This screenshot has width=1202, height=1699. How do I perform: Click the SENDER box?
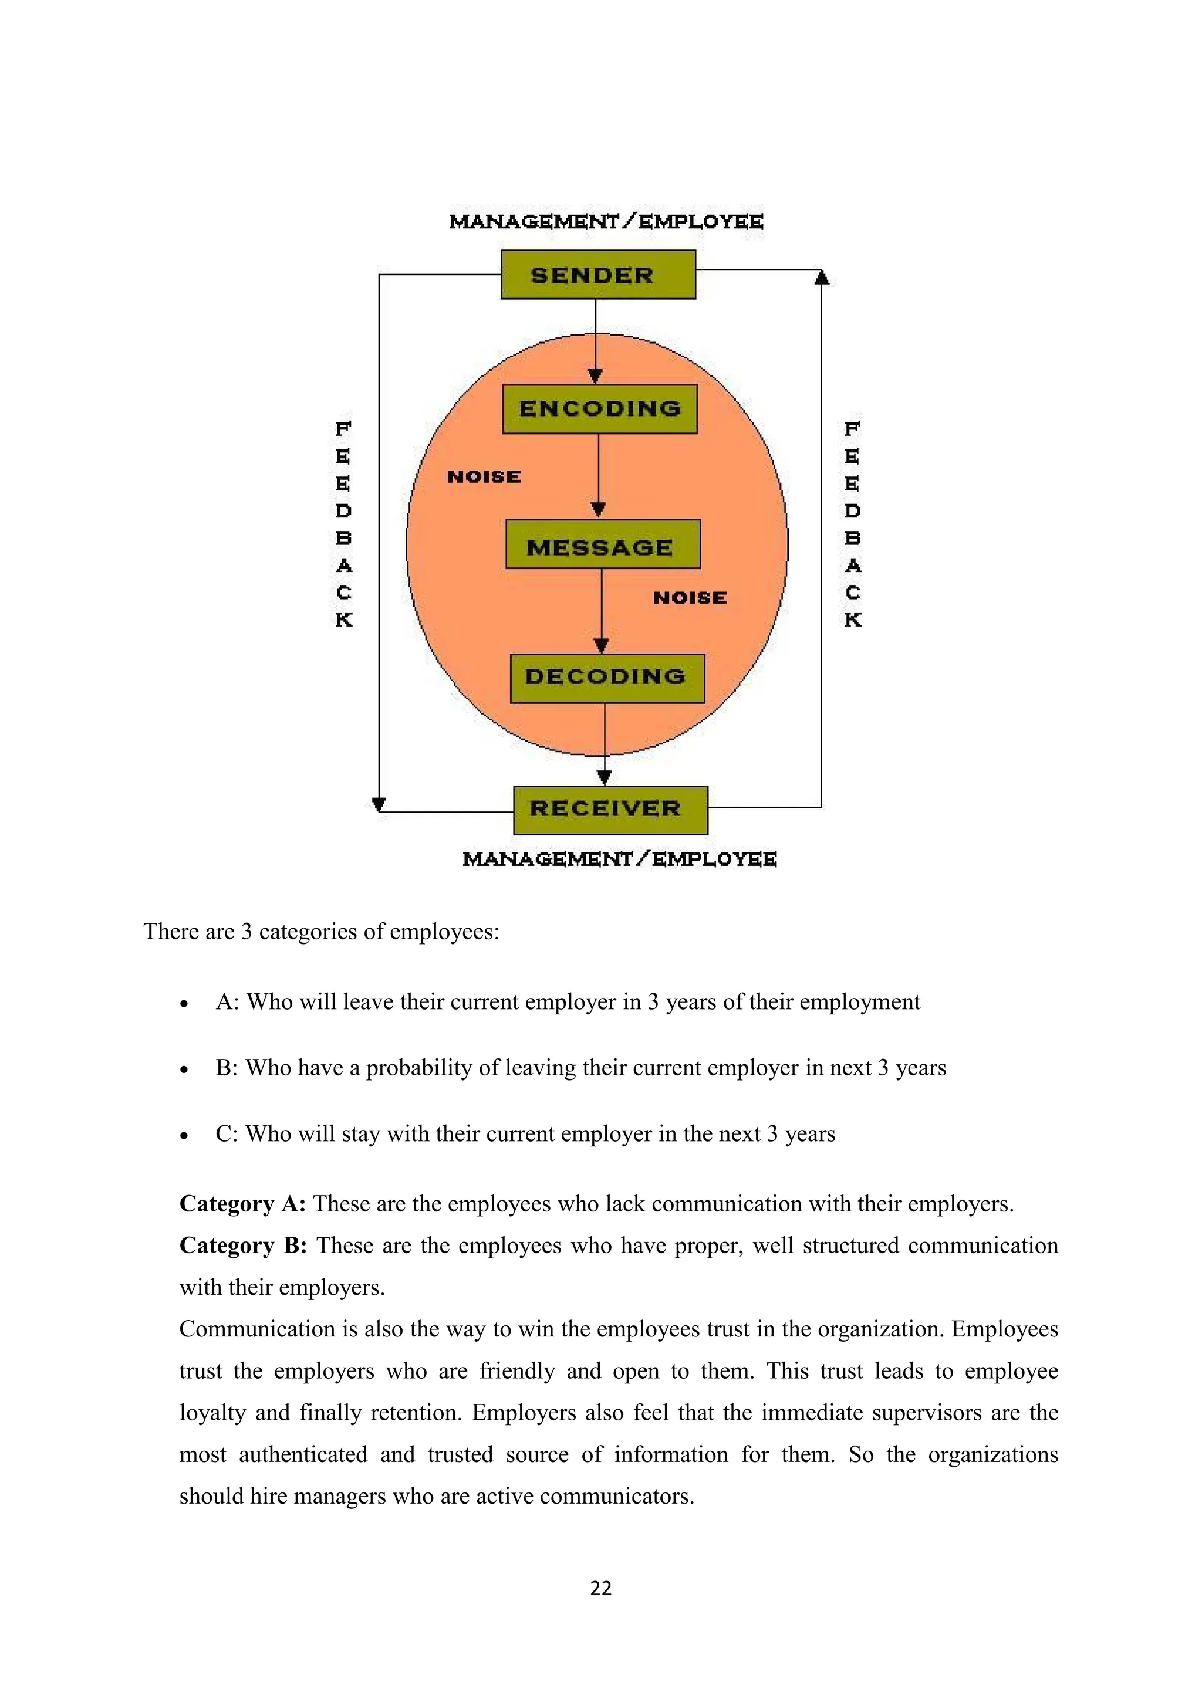tap(598, 275)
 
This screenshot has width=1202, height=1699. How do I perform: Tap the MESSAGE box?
tap(603, 544)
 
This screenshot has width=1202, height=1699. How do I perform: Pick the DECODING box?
tap(607, 678)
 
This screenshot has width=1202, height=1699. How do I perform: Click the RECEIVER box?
tap(610, 810)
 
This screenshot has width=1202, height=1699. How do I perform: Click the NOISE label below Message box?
tap(690, 598)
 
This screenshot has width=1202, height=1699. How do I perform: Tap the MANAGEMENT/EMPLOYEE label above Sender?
tap(606, 221)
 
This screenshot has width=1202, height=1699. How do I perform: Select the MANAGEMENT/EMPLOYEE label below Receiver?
tap(620, 859)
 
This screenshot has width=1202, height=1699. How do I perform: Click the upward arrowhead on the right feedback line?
tap(821, 278)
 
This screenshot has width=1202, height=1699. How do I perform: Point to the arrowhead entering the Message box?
tap(599, 509)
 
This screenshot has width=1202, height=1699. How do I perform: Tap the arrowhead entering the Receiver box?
tap(605, 776)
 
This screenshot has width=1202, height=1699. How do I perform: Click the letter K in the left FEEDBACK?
tap(343, 620)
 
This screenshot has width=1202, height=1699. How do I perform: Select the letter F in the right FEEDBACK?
tap(853, 428)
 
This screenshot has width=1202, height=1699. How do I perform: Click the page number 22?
tap(600, 1588)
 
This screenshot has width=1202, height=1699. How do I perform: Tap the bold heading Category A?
tap(242, 1204)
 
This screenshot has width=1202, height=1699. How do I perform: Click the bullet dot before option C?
tap(184, 1136)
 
